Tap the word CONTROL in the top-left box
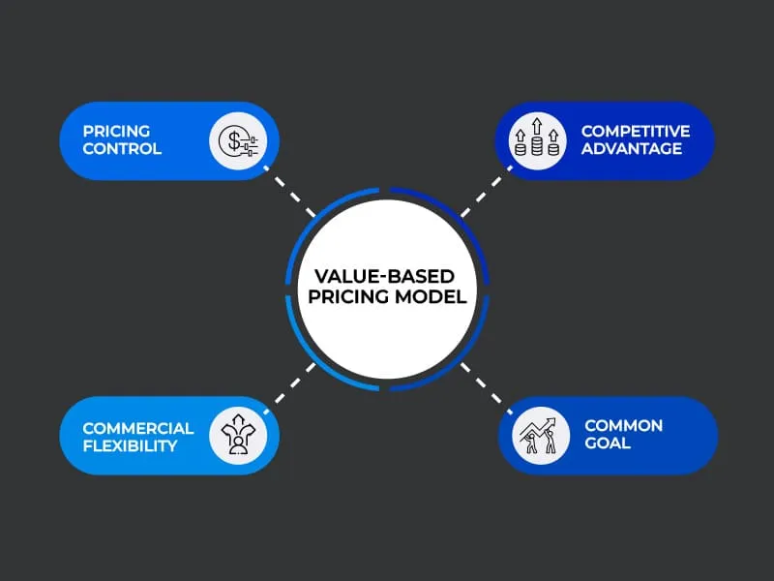pos(122,149)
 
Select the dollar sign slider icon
pos(238,141)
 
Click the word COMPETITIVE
pos(636,131)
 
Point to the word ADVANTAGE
pos(632,149)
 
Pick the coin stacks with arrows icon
pos(536,141)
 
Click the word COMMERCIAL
pos(138,427)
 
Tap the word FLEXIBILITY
pos(131,445)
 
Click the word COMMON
pos(623,426)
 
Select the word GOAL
pos(608,444)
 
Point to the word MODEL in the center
pos(431,297)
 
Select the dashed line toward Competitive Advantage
pos(481,195)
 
